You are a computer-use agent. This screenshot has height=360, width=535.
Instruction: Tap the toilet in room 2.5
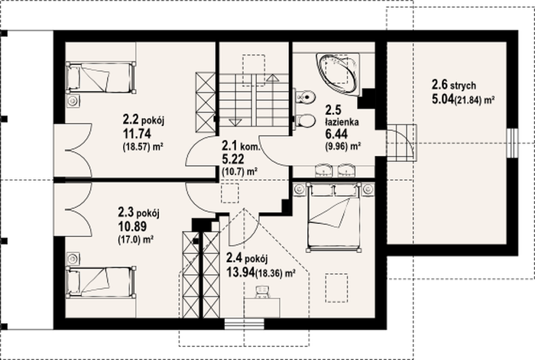[305, 121]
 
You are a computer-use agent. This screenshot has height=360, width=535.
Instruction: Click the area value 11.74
[137, 134]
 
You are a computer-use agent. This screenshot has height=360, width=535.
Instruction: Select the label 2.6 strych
[454, 85]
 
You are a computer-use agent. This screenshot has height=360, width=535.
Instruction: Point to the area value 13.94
[240, 272]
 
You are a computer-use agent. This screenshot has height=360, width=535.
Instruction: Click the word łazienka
[342, 122]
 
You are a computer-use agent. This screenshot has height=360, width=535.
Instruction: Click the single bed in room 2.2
[101, 77]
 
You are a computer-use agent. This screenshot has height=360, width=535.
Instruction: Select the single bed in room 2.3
[101, 282]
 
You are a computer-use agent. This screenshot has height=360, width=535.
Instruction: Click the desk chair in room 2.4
[262, 293]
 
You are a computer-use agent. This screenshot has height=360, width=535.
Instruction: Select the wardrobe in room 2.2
[205, 102]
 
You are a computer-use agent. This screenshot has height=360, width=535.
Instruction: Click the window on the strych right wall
[512, 143]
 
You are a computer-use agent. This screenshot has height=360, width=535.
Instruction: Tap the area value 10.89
[132, 226]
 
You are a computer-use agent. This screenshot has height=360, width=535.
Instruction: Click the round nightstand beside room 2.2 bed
[73, 101]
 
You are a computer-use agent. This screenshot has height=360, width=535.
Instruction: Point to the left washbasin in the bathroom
[324, 170]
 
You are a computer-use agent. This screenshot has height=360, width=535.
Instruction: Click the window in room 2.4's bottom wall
[244, 324]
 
